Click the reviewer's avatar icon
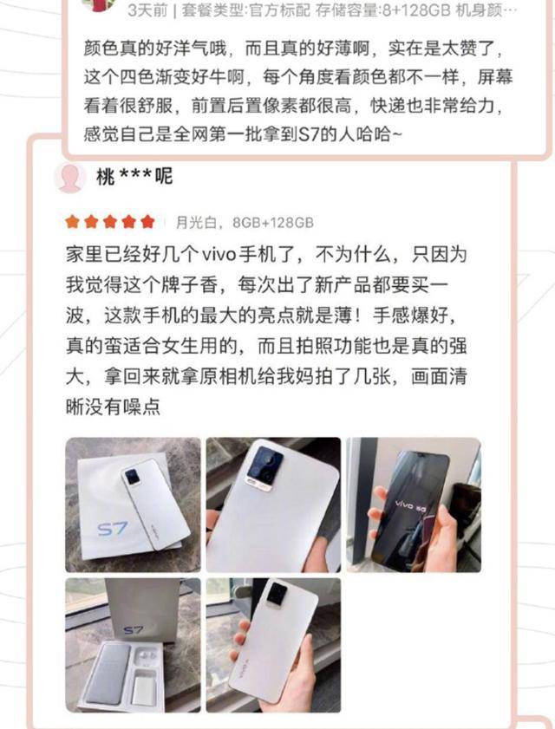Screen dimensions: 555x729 click(x=70, y=177)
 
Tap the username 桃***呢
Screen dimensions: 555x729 click(x=134, y=177)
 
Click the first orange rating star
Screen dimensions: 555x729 click(x=73, y=222)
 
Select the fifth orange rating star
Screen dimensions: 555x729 click(x=147, y=222)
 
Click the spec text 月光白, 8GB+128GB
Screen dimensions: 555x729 click(x=245, y=223)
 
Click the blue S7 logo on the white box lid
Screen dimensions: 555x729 click(x=113, y=529)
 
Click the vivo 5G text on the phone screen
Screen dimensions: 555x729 click(x=410, y=506)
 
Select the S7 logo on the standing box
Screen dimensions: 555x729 click(x=134, y=630)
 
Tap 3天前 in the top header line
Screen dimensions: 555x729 click(x=147, y=10)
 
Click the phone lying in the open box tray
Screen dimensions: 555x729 click(x=104, y=675)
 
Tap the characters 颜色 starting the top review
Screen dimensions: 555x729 click(x=101, y=49)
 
